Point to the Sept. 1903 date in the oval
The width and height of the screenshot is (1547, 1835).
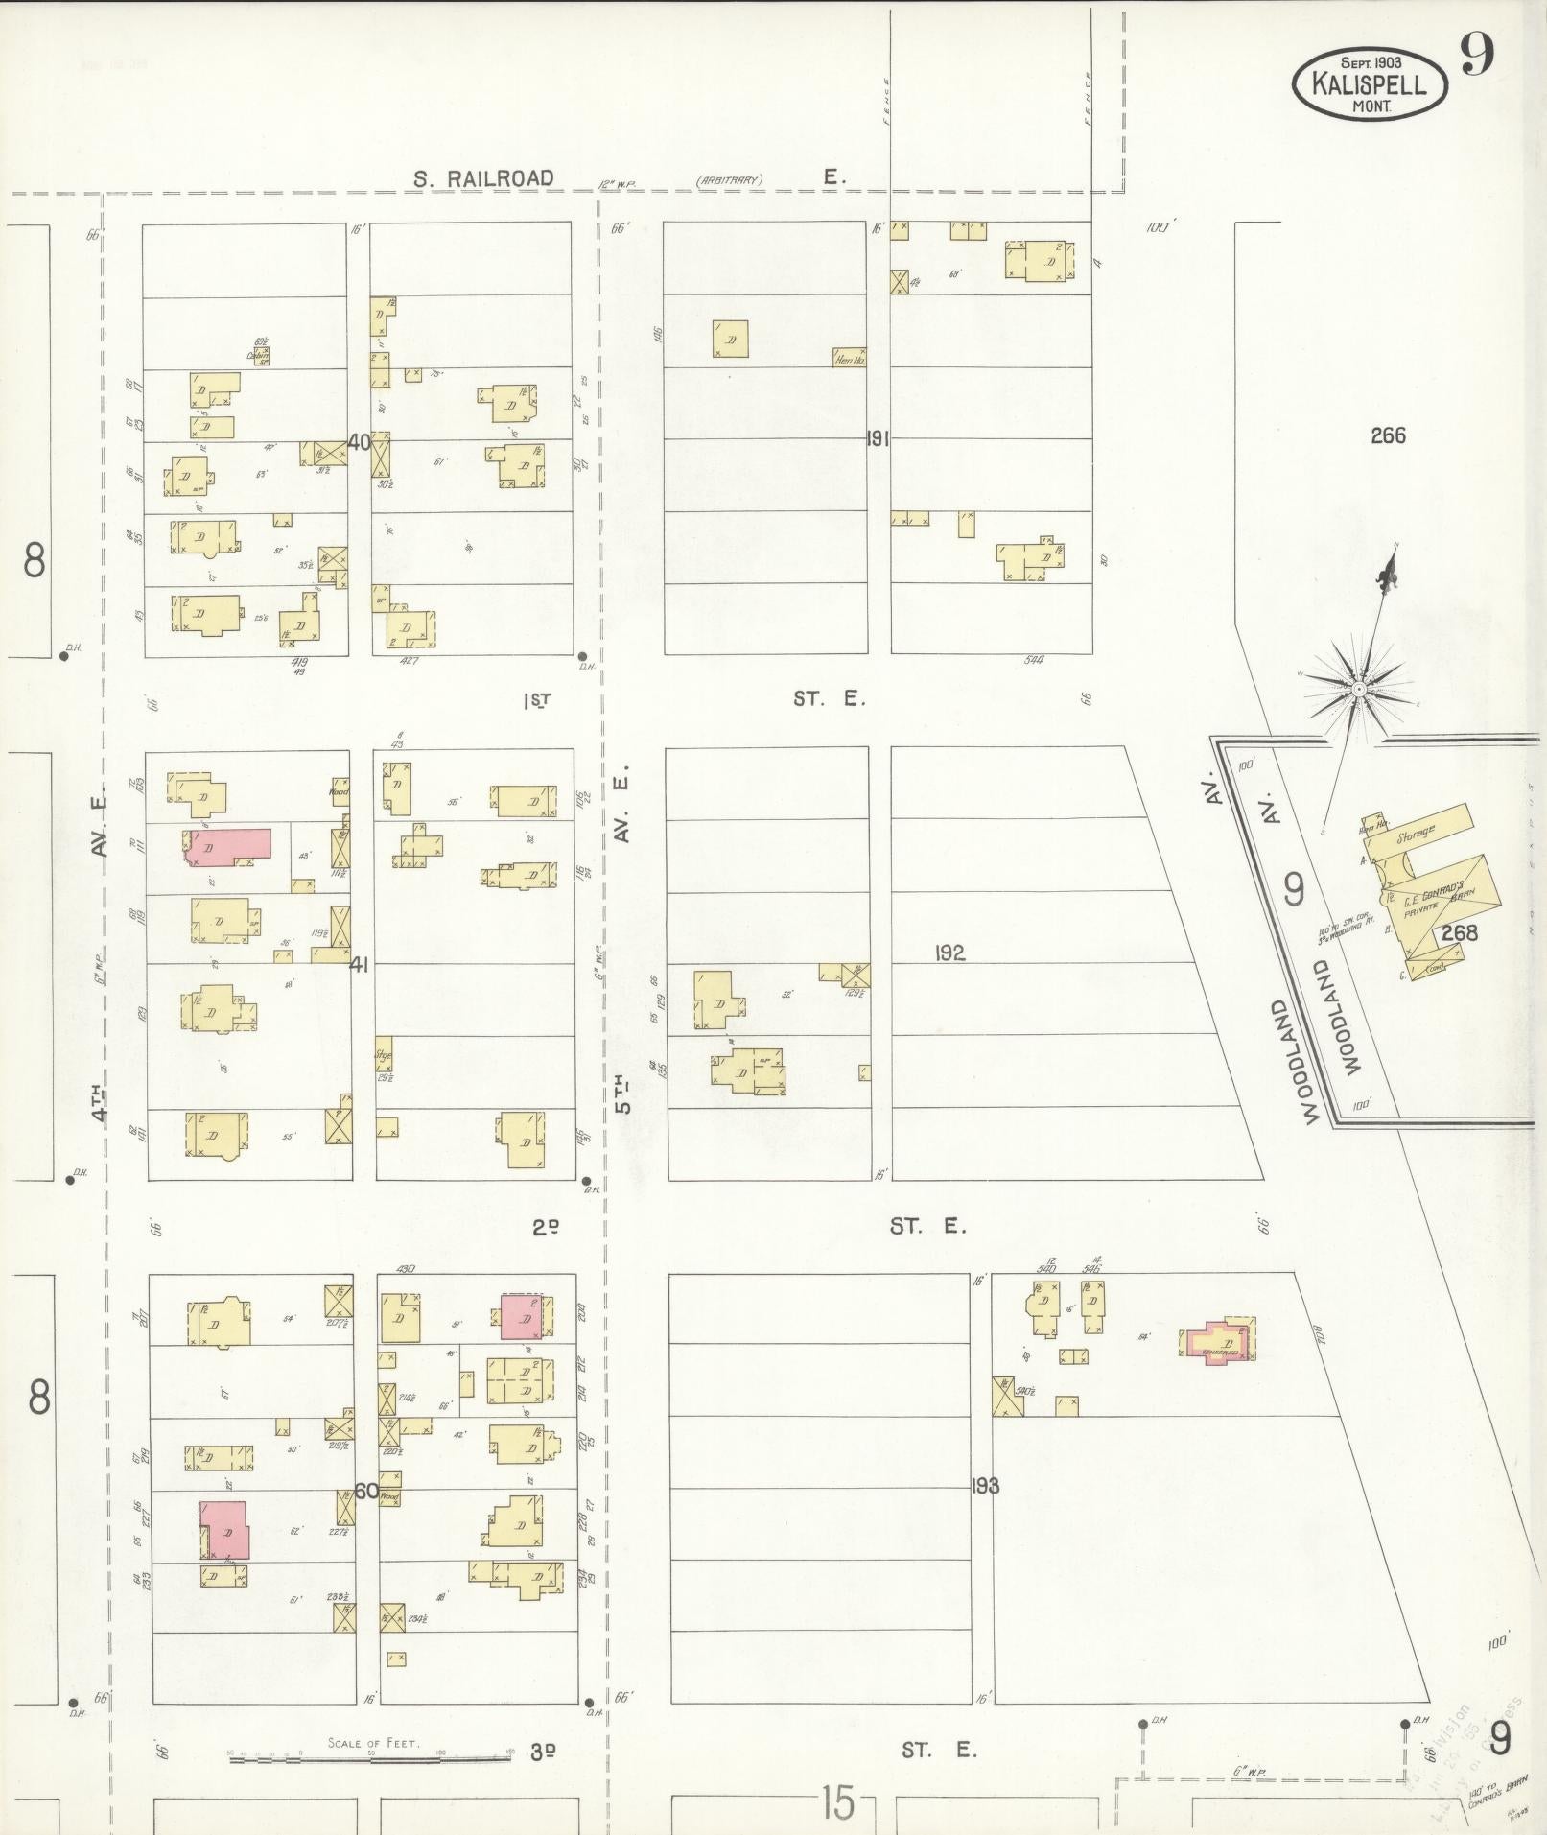click(x=1371, y=62)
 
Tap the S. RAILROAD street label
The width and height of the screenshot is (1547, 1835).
click(x=483, y=178)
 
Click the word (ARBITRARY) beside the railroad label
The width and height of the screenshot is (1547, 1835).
click(x=729, y=179)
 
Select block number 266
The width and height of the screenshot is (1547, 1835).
click(x=1388, y=435)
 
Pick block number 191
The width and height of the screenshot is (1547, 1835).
click(x=877, y=439)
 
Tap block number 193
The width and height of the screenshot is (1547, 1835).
click(x=984, y=1486)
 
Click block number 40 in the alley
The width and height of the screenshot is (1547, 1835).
click(x=360, y=442)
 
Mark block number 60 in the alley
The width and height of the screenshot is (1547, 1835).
click(x=365, y=1491)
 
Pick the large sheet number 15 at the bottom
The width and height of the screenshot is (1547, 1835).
click(x=836, y=1803)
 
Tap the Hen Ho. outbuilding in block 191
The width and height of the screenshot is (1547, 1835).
click(x=850, y=358)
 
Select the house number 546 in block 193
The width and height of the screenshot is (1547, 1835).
click(x=1091, y=1267)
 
